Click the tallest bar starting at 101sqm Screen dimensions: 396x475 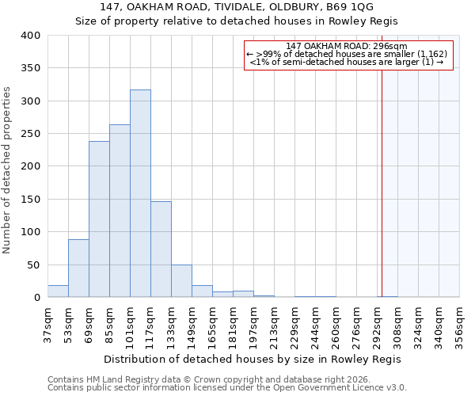(140, 193)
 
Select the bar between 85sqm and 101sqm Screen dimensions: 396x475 (120, 211)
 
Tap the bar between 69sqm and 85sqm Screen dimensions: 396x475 (99, 219)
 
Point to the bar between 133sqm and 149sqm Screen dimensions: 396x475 (181, 281)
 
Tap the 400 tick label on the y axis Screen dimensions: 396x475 (31, 36)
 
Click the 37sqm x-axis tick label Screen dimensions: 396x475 (47, 323)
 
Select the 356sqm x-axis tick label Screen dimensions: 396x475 (459, 323)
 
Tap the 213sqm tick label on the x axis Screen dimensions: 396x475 (274, 323)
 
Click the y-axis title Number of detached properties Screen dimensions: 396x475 (7, 166)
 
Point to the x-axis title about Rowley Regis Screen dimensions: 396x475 (253, 359)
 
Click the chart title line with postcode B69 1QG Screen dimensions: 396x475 (237, 7)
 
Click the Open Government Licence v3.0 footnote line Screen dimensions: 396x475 (227, 388)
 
